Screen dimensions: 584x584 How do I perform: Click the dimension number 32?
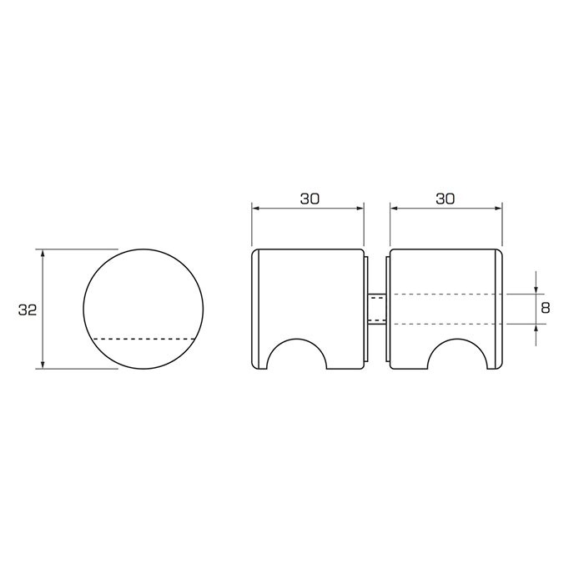(28, 310)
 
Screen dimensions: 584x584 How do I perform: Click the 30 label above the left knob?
(309, 199)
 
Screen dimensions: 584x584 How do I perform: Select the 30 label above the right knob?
(446, 199)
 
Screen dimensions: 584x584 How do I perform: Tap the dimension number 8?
(546, 308)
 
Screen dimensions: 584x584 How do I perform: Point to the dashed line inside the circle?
(143, 339)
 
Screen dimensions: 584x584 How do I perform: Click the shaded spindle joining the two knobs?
(377, 309)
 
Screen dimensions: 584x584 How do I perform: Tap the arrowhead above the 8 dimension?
(535, 288)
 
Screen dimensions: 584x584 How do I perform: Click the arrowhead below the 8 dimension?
(535, 329)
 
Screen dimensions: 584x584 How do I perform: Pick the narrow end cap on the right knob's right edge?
(499, 309)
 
